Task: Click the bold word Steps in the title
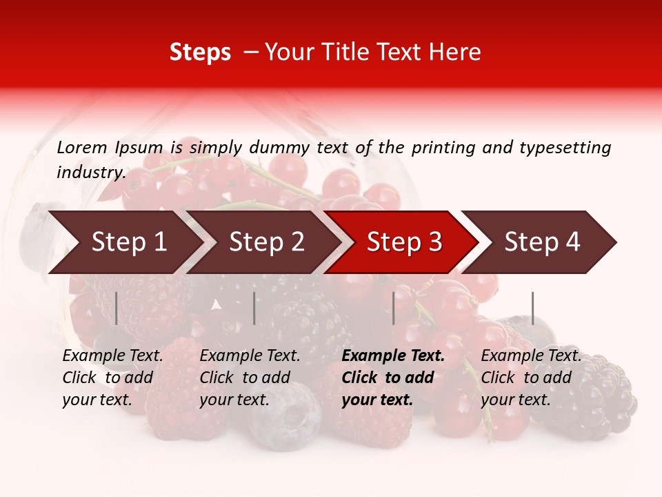pyautogui.click(x=200, y=52)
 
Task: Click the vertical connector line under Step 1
pyautogui.click(x=117, y=308)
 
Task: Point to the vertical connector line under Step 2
pyautogui.click(x=254, y=308)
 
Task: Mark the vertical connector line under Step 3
pyautogui.click(x=394, y=308)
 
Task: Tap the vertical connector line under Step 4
pyautogui.click(x=533, y=308)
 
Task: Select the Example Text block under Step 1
pyautogui.click(x=112, y=378)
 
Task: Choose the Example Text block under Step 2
pyautogui.click(x=250, y=378)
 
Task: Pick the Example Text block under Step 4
pyautogui.click(x=531, y=378)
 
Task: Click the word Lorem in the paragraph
pyautogui.click(x=82, y=147)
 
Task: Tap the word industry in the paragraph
pyautogui.click(x=90, y=172)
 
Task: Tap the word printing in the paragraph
pyautogui.click(x=440, y=147)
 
